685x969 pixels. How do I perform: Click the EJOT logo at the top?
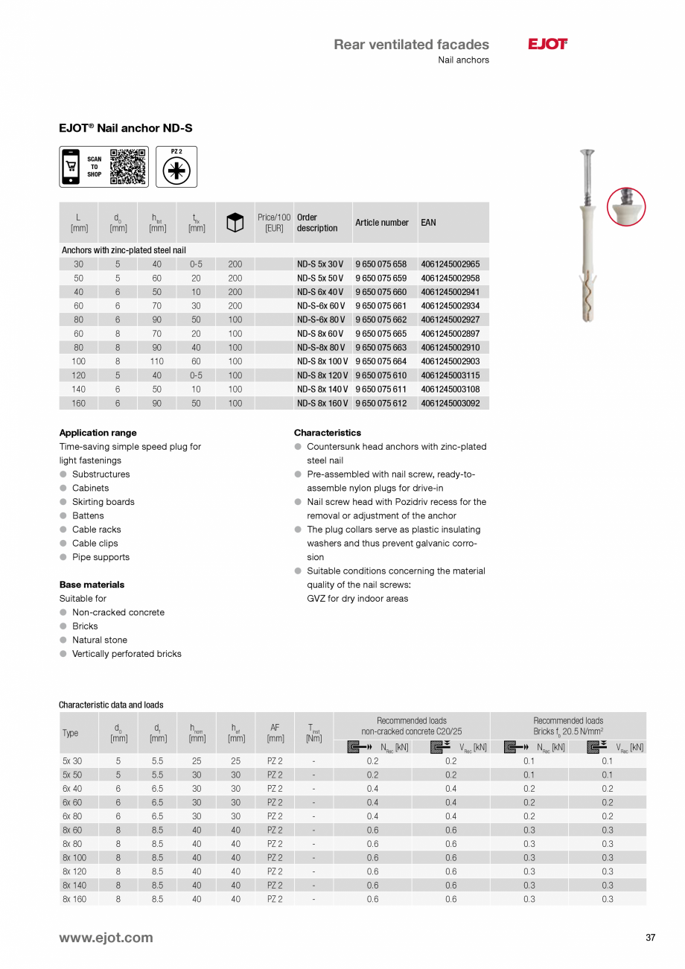pos(547,45)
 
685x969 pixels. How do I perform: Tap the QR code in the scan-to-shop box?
pos(127,166)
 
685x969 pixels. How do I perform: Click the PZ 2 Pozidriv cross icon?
pos(176,171)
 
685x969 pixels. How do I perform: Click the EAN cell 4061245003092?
pos(450,403)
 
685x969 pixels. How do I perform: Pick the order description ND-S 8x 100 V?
pos(322,361)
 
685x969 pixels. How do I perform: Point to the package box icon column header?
pos(235,223)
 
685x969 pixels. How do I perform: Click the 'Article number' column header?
pos(381,223)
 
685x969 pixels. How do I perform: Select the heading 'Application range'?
pos(98,433)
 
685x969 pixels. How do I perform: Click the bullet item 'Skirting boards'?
pos(103,502)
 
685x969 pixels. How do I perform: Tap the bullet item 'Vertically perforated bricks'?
pos(126,654)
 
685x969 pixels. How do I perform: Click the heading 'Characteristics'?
pos(327,433)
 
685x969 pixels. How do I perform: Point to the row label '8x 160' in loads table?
pos(74,899)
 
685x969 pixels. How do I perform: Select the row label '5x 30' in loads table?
pos(71,761)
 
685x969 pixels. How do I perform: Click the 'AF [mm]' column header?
pos(275,733)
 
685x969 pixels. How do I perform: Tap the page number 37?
pos(650,938)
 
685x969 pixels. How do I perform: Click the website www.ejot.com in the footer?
pos(106,938)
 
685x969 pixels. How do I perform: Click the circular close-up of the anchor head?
pos(626,206)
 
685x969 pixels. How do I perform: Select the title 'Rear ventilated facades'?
pos(411,45)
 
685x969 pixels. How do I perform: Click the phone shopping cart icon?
pos(71,166)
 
